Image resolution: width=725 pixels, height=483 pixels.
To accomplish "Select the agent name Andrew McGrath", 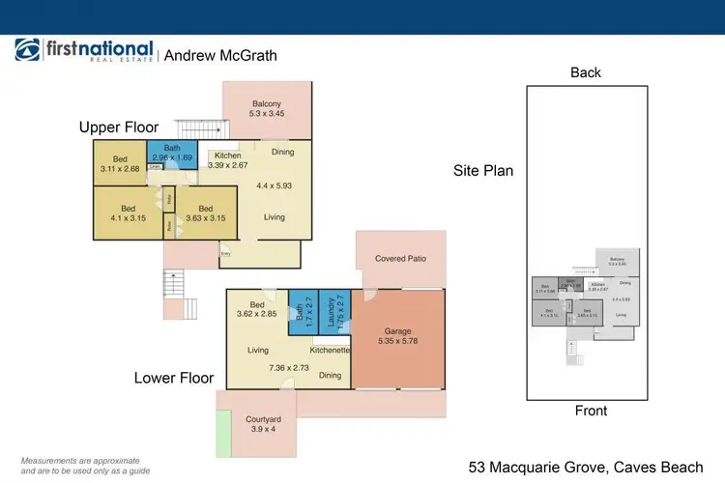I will coord(220,55).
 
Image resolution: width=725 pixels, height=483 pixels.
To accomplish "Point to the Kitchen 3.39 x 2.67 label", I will coord(228,160).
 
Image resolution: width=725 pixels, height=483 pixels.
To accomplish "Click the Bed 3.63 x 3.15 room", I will coord(204,213).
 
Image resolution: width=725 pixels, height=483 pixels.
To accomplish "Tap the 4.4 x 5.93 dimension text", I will coord(275,185).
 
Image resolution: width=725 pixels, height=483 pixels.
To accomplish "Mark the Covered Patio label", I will coord(400,259).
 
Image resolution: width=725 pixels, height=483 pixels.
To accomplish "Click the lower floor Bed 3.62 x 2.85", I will coord(256,308).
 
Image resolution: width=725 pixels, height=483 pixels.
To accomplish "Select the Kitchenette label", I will coord(330,349).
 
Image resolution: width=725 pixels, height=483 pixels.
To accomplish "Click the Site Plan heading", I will coord(483,171).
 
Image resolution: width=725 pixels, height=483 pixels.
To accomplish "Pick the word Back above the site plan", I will coord(586,72).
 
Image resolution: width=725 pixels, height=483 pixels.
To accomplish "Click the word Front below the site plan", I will coord(591,411).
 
